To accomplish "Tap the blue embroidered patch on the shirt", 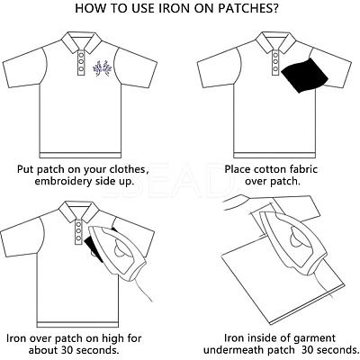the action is [101, 68].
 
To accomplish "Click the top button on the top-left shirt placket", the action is [81, 55].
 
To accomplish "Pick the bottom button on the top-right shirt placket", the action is [275, 69].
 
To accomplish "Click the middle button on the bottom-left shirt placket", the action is [78, 231].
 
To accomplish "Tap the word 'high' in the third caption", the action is [111, 338].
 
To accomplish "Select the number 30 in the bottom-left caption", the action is [68, 350].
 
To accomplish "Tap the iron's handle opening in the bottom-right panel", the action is [296, 239].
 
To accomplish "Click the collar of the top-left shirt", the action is [81, 41].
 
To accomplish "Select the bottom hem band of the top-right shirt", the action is [274, 155].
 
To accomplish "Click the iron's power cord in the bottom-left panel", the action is [142, 288].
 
